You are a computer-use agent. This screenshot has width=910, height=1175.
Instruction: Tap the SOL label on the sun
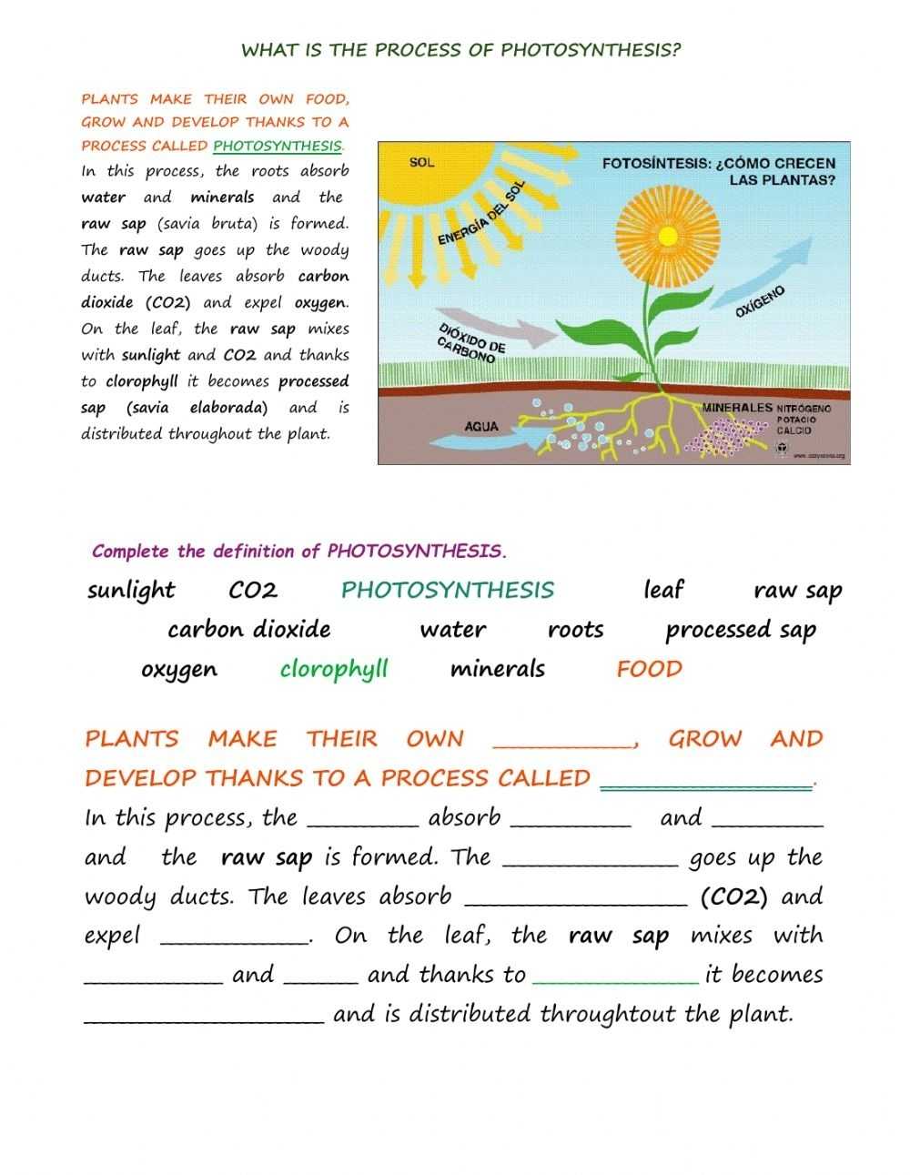[x=421, y=163]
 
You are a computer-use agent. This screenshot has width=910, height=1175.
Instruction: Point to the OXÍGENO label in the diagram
[x=759, y=301]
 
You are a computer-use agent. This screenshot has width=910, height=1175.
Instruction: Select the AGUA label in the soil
[x=480, y=426]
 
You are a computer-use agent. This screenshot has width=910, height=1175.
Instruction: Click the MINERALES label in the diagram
[x=737, y=409]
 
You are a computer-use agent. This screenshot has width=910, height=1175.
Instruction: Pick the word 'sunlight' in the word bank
[x=131, y=591]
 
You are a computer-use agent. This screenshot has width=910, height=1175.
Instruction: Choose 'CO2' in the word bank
[x=253, y=591]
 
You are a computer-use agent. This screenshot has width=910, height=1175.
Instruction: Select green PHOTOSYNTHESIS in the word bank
[x=447, y=590]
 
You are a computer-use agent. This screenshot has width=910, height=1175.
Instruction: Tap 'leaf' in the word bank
[x=662, y=590]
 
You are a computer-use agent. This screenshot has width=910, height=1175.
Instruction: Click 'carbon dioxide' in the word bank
[x=248, y=630]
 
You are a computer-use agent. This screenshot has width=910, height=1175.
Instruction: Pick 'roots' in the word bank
[x=575, y=630]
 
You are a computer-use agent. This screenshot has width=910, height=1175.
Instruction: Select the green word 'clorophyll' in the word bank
[x=334, y=670]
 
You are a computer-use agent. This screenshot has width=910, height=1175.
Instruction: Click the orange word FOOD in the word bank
[x=649, y=670]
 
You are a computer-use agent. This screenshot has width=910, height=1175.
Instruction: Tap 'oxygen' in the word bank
[x=179, y=671]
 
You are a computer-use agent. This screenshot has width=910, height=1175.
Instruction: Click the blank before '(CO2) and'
[x=576, y=898]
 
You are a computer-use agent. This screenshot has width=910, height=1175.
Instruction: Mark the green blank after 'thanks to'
[x=615, y=977]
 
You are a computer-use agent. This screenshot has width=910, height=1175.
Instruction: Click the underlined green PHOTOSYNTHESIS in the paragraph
[x=278, y=146]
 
